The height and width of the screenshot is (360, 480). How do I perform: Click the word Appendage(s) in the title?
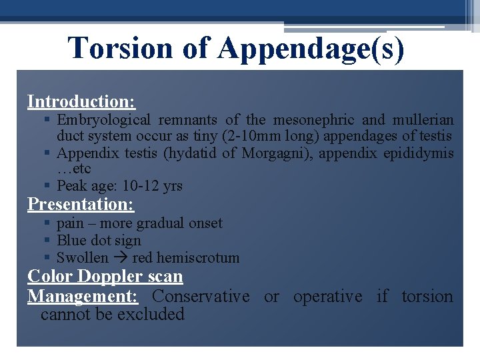310,48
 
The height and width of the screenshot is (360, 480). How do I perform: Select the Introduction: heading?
81,102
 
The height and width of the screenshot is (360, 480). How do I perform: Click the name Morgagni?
275,153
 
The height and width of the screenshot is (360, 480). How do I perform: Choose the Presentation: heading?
81,204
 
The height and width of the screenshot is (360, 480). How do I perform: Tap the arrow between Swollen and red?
120,258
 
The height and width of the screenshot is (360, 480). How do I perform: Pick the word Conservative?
201,296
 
